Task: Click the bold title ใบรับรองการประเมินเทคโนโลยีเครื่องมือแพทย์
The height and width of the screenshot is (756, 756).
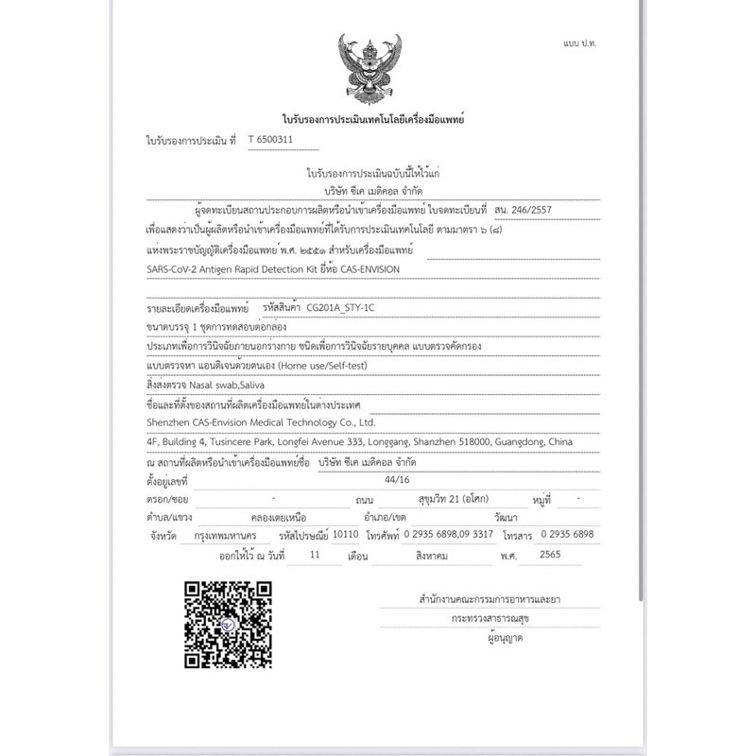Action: pyautogui.click(x=372, y=120)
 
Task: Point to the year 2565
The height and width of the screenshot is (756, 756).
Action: pyautogui.click(x=548, y=557)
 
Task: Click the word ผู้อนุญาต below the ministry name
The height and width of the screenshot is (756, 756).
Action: pyautogui.click(x=500, y=638)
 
